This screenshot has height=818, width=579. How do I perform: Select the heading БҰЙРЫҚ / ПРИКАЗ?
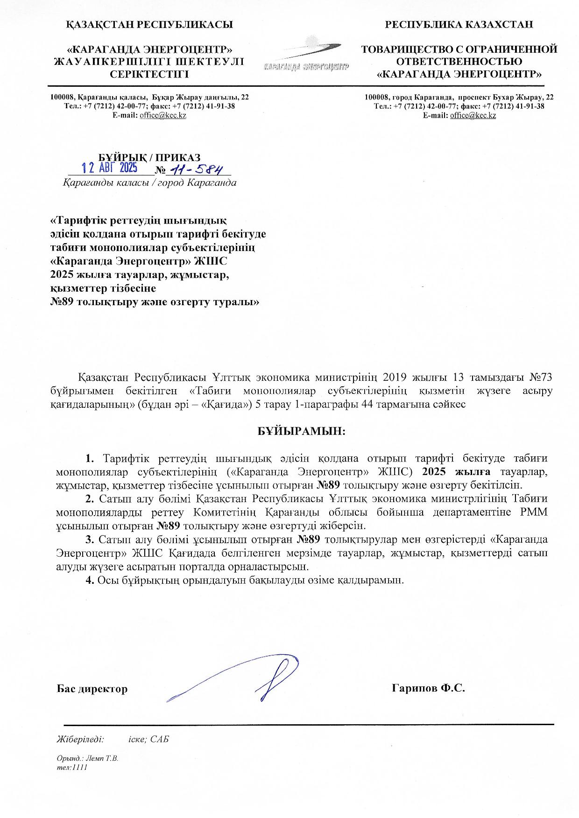click(x=149, y=157)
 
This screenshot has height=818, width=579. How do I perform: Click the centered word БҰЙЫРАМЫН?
click(x=302, y=431)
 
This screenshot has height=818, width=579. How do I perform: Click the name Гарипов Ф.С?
click(x=429, y=688)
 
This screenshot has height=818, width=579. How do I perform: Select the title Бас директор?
click(x=92, y=689)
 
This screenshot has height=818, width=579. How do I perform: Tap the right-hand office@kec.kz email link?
click(x=473, y=115)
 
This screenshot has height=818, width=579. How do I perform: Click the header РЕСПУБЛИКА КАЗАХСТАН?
click(x=459, y=25)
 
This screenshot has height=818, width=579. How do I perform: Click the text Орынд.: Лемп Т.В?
click(x=87, y=758)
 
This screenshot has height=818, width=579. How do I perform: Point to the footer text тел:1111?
click(x=71, y=767)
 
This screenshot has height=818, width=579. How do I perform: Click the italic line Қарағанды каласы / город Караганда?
click(x=149, y=182)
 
